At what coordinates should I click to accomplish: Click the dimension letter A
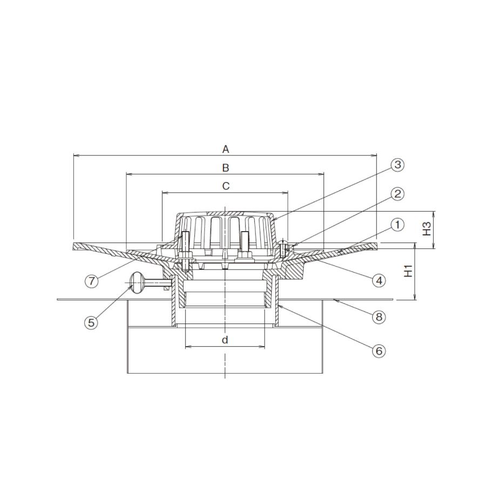[226, 150]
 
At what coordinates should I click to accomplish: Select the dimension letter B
[226, 168]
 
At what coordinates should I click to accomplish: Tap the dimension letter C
[226, 186]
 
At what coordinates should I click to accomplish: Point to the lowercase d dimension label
[225, 340]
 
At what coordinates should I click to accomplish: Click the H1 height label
[409, 271]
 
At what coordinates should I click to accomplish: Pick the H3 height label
[427, 229]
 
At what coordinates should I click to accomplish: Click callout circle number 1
[397, 225]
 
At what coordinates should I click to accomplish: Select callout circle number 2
[397, 194]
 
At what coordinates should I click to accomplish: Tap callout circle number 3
[397, 165]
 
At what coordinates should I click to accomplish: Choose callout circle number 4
[379, 280]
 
